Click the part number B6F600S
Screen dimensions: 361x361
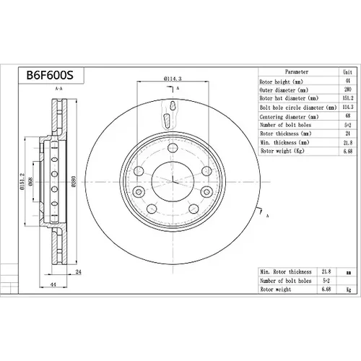pos(50,75)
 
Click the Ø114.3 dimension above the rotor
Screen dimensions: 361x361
pos(173,79)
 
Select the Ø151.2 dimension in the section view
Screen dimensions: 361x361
pos(23,181)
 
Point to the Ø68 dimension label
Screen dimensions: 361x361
pos(31,181)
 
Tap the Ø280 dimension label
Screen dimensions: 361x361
pos(74,181)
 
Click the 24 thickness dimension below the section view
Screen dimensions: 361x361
pos(79,272)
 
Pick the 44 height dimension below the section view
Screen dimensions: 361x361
pos(53,284)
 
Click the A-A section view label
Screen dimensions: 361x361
pos(59,89)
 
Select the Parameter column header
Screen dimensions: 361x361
pos(297,71)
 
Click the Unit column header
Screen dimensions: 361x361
pos(347,72)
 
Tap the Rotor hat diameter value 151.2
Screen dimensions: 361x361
pos(348,98)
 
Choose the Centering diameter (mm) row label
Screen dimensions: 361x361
pos(289,117)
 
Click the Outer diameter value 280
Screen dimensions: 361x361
pos(348,90)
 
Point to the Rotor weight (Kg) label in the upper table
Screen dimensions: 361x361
pos(282,151)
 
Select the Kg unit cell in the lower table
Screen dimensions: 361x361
pos(349,290)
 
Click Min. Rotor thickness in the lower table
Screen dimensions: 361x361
pos(286,272)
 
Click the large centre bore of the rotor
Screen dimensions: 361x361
pos(173,182)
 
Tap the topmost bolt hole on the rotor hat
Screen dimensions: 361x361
pos(173,148)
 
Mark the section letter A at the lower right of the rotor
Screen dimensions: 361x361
pos(267,216)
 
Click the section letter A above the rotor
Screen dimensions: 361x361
pos(178,88)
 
